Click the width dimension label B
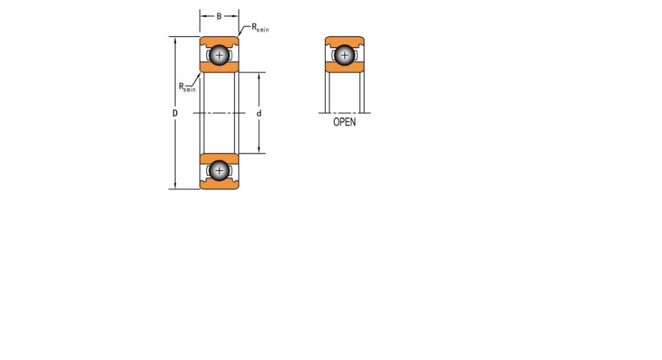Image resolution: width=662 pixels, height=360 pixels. point(219,16)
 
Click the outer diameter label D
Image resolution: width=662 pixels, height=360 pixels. point(175,113)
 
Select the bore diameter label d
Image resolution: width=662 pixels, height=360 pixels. point(259,113)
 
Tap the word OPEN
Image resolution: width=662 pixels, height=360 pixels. point(344,122)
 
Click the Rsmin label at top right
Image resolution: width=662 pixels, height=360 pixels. point(260,28)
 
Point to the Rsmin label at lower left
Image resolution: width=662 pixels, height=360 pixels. point(187,87)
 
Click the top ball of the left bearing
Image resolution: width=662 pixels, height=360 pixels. point(219,55)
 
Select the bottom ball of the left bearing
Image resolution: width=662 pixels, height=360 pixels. point(219,171)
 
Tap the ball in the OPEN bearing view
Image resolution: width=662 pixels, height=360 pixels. point(344,55)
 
